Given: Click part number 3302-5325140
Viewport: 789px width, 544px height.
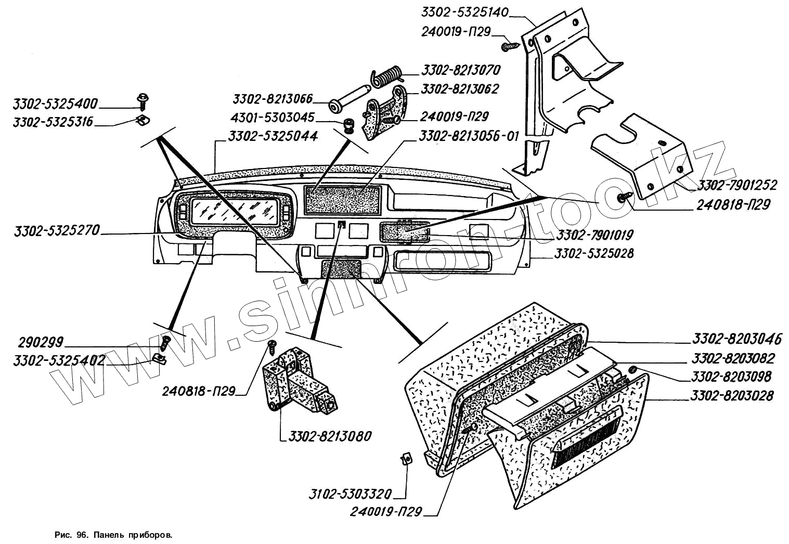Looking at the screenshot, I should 464,12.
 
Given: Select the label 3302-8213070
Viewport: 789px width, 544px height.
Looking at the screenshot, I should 460,70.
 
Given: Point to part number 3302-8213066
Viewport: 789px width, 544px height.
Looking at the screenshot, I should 273,99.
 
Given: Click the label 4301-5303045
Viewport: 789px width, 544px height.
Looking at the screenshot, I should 272,118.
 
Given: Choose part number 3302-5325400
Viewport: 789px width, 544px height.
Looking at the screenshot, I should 55,104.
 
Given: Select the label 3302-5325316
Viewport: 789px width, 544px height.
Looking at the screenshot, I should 53,122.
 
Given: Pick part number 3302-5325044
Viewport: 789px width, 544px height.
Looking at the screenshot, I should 273,136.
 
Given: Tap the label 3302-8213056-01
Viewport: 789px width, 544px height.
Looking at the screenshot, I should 469,136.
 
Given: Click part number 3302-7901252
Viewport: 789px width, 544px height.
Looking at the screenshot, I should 737,185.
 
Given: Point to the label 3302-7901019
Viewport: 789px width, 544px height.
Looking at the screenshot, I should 594,235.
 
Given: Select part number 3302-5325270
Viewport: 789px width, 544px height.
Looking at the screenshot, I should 57,230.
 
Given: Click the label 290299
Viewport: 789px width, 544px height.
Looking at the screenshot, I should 41,343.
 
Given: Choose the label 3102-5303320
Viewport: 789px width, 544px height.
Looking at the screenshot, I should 350,494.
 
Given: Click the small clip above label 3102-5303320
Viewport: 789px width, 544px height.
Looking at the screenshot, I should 407,458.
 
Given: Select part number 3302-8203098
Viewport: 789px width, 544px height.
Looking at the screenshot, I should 731,377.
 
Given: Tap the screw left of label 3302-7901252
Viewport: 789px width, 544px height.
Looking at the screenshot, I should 624,197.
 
